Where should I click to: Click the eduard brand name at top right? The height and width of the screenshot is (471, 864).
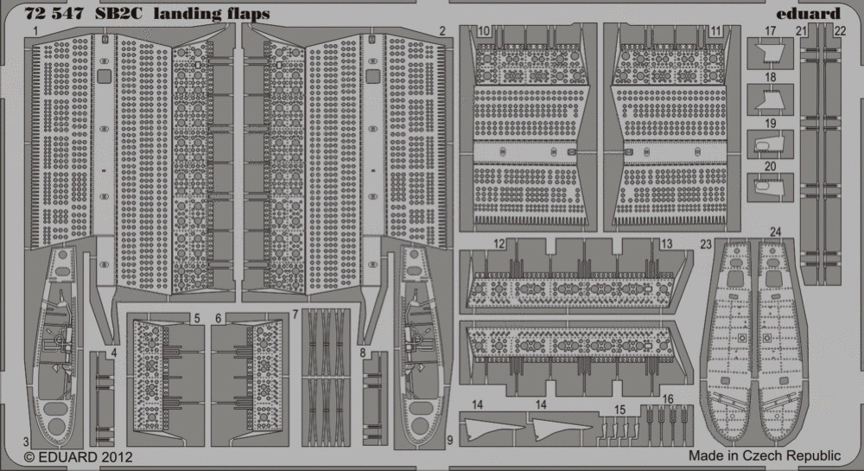809,13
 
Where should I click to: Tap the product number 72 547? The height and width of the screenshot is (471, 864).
54,13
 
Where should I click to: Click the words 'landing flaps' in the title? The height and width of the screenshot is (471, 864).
212,14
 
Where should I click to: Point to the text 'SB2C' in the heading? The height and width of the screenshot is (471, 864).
118,13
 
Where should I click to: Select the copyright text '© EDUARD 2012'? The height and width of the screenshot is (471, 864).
79,456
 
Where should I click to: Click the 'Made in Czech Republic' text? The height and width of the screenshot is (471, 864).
765,455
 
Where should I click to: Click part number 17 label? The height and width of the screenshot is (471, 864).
771,31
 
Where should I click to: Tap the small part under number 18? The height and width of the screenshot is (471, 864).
771,100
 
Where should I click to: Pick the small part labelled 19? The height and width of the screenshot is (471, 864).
771,145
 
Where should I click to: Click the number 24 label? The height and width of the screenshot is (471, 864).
775,232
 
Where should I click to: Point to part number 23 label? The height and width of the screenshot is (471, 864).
706,244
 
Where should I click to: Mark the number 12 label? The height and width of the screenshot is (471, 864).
499,244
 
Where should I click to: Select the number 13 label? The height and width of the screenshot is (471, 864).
666,244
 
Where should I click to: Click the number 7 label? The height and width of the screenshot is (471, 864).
295,314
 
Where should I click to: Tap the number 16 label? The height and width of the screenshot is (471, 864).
668,398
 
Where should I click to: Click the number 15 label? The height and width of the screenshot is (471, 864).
619,410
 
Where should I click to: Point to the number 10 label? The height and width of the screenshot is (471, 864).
483,31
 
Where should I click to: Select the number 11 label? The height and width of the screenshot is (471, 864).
715,31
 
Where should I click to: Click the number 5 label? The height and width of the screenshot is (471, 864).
197,318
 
